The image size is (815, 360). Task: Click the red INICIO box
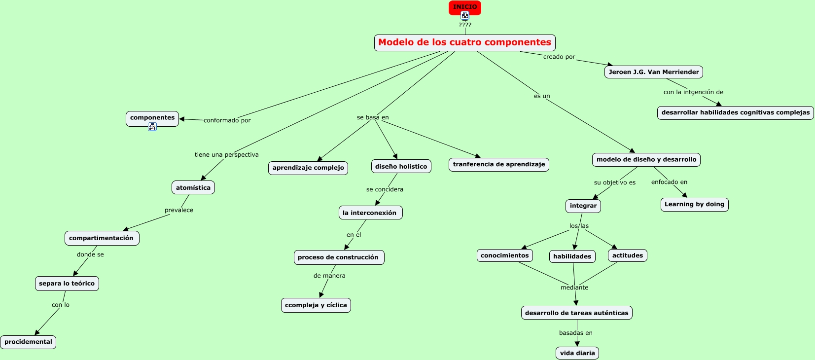464,6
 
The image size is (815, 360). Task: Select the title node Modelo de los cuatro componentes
464,42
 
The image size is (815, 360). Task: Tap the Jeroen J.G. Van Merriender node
653,72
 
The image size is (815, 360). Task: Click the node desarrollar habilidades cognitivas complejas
735,112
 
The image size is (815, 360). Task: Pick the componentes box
152,118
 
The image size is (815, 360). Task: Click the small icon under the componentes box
152,127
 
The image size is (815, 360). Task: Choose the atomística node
193,187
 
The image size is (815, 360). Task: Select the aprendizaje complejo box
308,168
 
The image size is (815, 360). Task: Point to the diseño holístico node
401,166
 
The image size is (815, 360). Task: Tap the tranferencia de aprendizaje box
498,164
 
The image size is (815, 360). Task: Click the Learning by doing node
694,204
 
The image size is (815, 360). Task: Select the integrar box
583,206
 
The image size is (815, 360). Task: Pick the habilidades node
572,256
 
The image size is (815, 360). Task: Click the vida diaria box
577,353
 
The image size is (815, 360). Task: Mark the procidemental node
28,342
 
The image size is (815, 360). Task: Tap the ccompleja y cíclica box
316,305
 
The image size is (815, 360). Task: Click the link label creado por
559,57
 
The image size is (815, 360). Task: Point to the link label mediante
574,288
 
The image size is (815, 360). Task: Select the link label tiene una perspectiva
226,155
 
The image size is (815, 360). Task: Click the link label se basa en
373,117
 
